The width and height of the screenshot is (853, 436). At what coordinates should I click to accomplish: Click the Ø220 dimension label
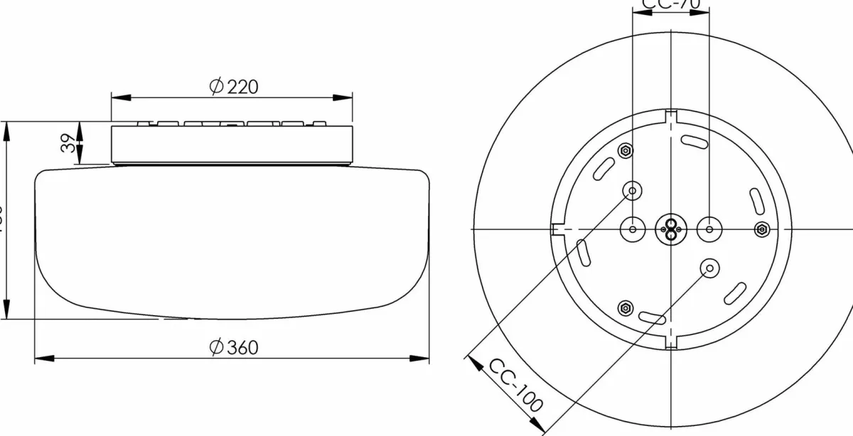pos(233,87)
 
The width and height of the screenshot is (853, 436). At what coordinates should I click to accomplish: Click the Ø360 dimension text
pos(233,347)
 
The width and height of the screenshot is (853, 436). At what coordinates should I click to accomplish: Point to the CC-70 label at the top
pos(670,4)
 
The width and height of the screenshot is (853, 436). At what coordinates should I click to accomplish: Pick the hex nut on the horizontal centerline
pos(761,229)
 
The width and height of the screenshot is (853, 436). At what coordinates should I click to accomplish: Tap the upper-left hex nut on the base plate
pos(625,151)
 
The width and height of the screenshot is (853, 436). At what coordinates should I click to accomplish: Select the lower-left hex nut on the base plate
pos(625,307)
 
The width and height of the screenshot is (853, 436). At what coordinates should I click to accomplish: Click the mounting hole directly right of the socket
pos(709,229)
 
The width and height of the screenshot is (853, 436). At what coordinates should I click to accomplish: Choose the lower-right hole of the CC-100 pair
pos(709,267)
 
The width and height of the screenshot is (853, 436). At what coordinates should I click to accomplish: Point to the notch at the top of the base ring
pos(670,115)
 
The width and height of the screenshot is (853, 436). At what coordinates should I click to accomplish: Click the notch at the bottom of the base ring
pos(670,344)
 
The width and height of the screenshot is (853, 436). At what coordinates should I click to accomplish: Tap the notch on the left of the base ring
pos(555,229)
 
